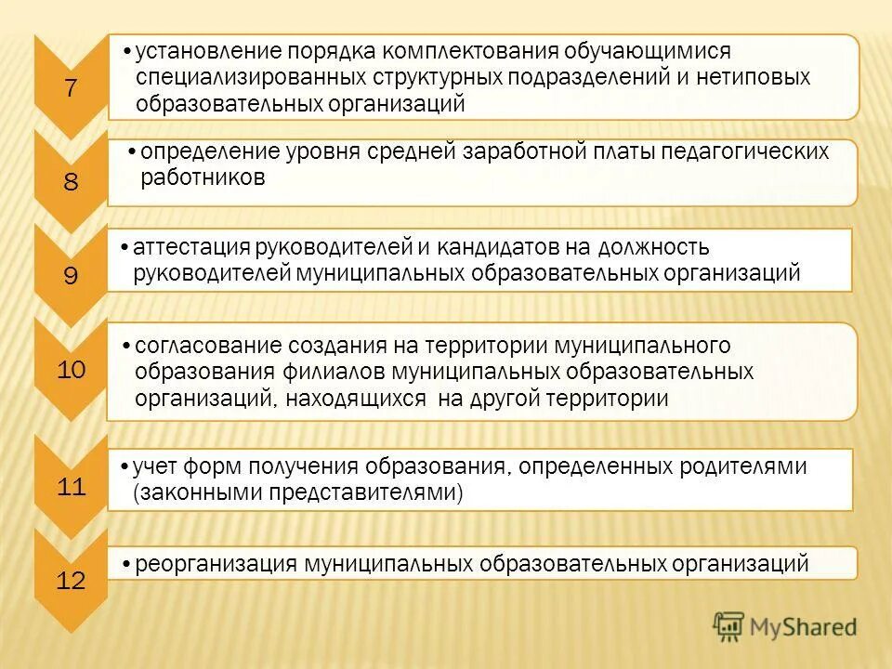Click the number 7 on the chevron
72,88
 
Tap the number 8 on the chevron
72,182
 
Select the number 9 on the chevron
72,275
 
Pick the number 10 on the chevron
72,370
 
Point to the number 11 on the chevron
72,486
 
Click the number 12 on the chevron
72,582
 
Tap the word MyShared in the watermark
803,627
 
